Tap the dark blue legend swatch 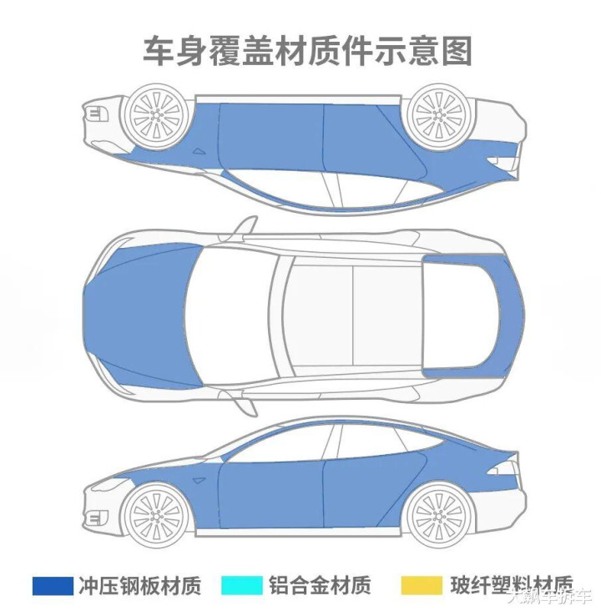pyautogui.click(x=52, y=585)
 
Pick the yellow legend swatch pyautogui.click(x=422, y=585)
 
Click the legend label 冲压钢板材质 pyautogui.click(x=140, y=585)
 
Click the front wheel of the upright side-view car pyautogui.click(x=155, y=511)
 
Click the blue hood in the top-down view pyautogui.click(x=142, y=316)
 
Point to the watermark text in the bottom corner pyautogui.click(x=551, y=596)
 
